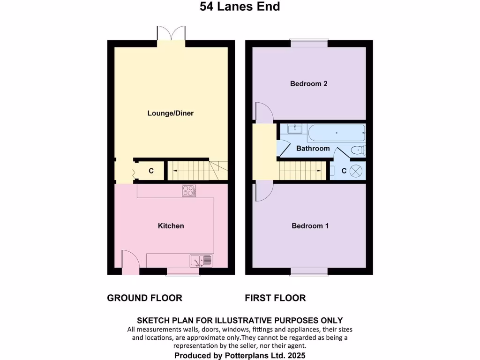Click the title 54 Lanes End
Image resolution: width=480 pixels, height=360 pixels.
[x=240, y=7]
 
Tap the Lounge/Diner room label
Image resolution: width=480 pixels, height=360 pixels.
[x=171, y=113]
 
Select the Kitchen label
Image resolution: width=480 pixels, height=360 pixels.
[x=171, y=226]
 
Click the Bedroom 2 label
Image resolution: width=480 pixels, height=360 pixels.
[x=308, y=84]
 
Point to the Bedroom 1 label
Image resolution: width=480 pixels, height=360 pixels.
[x=310, y=226]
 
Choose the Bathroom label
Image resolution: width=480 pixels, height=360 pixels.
[x=313, y=149]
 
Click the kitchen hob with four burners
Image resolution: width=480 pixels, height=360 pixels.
[x=189, y=190]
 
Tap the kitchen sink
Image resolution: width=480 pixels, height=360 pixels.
[x=201, y=260]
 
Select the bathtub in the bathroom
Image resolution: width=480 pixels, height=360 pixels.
[x=336, y=133]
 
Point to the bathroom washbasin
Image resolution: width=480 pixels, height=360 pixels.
[x=294, y=128]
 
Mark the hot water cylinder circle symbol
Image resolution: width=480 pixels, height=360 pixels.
[x=357, y=171]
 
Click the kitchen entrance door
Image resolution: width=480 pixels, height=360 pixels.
[x=129, y=262]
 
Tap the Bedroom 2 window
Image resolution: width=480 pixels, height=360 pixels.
[x=308, y=43]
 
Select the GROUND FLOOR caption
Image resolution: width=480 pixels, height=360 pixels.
[x=144, y=298]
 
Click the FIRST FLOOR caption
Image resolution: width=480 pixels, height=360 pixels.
[x=275, y=298]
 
